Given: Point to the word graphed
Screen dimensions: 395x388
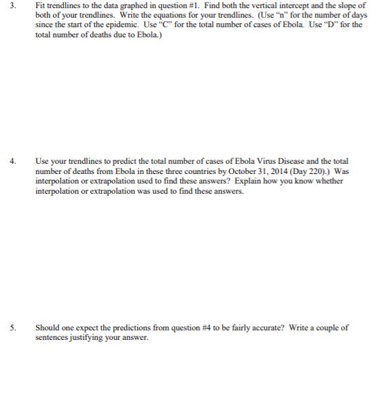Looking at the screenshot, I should (x=127, y=5).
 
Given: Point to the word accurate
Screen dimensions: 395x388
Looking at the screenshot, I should (x=269, y=327).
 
